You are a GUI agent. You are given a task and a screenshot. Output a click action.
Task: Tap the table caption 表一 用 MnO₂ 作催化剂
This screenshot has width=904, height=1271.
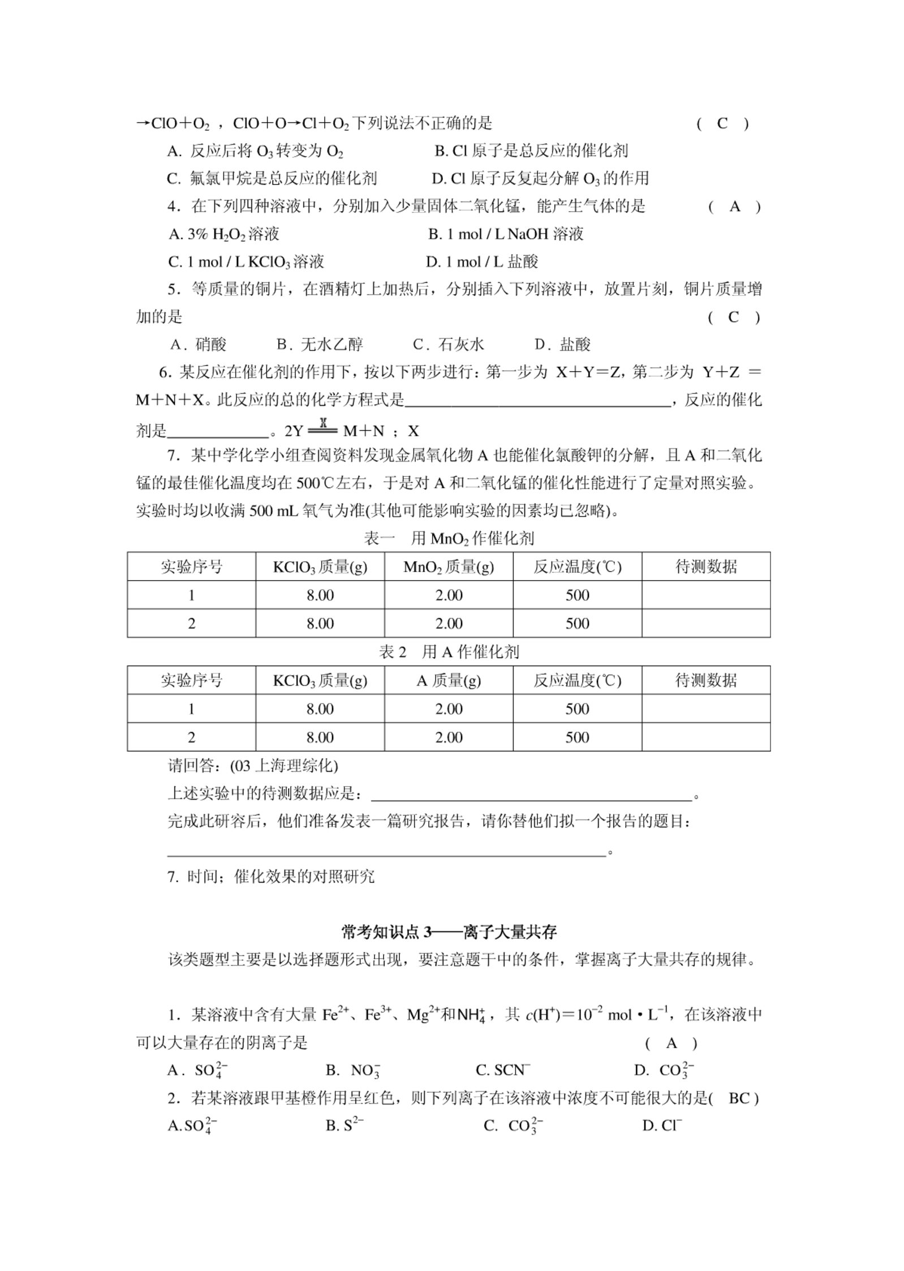449,538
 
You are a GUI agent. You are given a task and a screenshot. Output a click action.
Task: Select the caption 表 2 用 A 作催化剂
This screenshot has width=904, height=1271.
449,652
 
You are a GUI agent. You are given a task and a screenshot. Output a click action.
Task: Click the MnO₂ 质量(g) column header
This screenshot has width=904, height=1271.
448,567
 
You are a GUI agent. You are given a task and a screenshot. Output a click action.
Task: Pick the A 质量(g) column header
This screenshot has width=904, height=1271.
448,681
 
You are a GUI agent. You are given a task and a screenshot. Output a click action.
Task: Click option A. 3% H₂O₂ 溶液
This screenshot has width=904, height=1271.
224,234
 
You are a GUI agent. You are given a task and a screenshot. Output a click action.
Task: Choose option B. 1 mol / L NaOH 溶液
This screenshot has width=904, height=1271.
505,234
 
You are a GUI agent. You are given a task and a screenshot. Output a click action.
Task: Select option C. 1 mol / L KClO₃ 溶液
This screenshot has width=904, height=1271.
246,261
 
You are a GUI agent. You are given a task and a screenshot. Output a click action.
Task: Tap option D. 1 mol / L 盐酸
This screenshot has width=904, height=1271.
482,261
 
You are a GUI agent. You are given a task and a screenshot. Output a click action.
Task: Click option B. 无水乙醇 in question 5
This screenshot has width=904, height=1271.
320,345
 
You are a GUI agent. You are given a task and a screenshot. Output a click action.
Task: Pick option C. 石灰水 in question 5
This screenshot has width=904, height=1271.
448,345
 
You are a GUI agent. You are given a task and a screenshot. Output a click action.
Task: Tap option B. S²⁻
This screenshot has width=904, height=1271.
345,1126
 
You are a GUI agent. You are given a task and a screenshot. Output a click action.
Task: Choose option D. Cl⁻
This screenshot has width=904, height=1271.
662,1126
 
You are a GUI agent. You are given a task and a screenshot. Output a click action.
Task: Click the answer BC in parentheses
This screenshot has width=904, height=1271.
739,1098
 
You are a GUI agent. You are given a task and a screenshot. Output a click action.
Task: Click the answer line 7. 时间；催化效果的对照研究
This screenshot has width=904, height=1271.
271,877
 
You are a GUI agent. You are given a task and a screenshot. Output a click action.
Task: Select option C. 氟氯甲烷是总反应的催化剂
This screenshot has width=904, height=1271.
272,179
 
